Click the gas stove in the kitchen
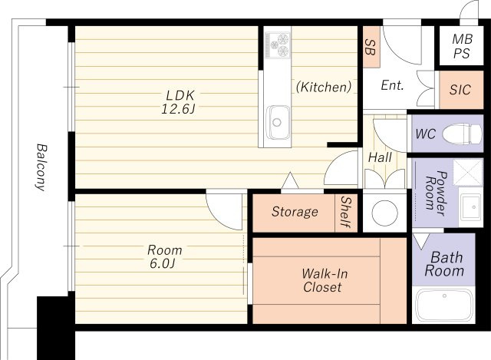(x=278, y=45)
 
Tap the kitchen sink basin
(x=278, y=122)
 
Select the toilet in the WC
(x=462, y=134)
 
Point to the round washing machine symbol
(x=385, y=213)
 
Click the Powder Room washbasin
(x=470, y=206)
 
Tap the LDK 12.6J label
(x=179, y=102)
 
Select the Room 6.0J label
(x=164, y=256)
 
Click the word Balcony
(x=41, y=167)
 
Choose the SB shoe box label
(x=371, y=48)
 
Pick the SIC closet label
(x=460, y=90)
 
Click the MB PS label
(x=462, y=46)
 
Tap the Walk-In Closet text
(x=324, y=280)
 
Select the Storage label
(x=295, y=212)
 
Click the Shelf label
(x=346, y=212)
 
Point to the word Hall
(x=380, y=157)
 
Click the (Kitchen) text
(x=324, y=87)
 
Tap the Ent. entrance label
(x=392, y=85)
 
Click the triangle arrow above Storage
(x=290, y=180)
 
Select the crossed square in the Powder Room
(x=468, y=172)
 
